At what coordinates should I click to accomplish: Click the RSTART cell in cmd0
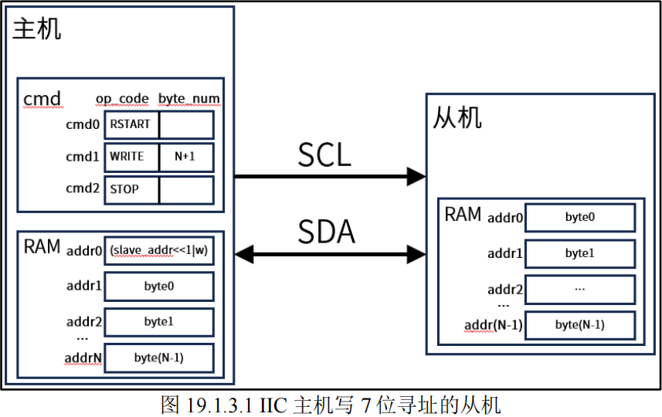click(131, 124)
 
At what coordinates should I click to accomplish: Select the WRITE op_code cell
click(131, 157)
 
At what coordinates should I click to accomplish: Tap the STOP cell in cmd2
click(131, 189)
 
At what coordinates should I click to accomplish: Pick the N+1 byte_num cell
click(186, 157)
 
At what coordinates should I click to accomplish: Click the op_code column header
click(122, 100)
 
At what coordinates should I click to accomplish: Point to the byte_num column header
click(189, 100)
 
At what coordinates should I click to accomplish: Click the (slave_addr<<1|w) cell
click(158, 251)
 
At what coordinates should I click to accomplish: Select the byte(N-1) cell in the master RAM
click(158, 357)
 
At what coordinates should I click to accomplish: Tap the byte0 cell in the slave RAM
click(580, 218)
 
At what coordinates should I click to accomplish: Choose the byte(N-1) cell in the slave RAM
click(580, 325)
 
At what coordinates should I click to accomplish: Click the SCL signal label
click(324, 154)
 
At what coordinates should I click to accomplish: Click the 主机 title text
click(37, 30)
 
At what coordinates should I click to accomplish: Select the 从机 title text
click(457, 117)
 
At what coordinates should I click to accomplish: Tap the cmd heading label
click(42, 100)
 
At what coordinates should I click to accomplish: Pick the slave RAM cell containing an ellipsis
click(580, 289)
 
